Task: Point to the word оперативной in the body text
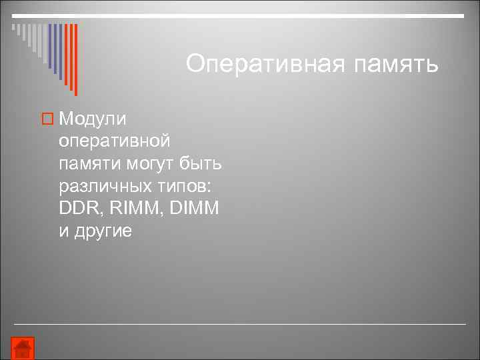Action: [115, 141]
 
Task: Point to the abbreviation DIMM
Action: [194, 208]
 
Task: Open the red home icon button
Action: [22, 348]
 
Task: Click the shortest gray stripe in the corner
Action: [13, 28]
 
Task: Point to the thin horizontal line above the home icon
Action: [240, 324]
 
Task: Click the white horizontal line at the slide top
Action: [240, 15]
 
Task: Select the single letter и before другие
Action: [64, 231]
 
